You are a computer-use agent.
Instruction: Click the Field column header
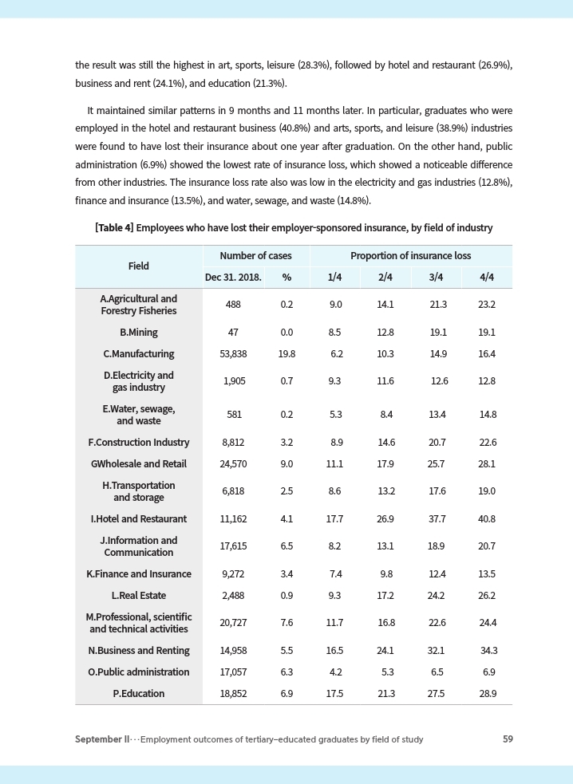tap(138, 266)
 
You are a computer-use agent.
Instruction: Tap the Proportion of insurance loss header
tap(410, 256)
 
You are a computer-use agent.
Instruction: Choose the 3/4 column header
tap(436, 278)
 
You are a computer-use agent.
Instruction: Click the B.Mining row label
tap(138, 332)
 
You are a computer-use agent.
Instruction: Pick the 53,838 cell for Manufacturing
tap(232, 353)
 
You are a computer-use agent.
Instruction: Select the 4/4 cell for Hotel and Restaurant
tap(487, 518)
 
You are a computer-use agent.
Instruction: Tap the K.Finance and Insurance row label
tap(138, 573)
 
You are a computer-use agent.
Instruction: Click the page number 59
tap(508, 739)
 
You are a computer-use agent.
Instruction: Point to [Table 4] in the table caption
tap(114, 228)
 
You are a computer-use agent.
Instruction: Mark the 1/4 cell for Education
tap(335, 694)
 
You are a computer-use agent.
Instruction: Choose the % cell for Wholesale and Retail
tap(286, 464)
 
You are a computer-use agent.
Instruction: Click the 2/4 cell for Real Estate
tap(386, 595)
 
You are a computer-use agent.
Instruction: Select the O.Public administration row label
tap(138, 672)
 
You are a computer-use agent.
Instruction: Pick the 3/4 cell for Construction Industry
tap(437, 443)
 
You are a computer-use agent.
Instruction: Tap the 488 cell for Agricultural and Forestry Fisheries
tap(232, 305)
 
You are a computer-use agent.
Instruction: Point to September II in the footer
tap(102, 739)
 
